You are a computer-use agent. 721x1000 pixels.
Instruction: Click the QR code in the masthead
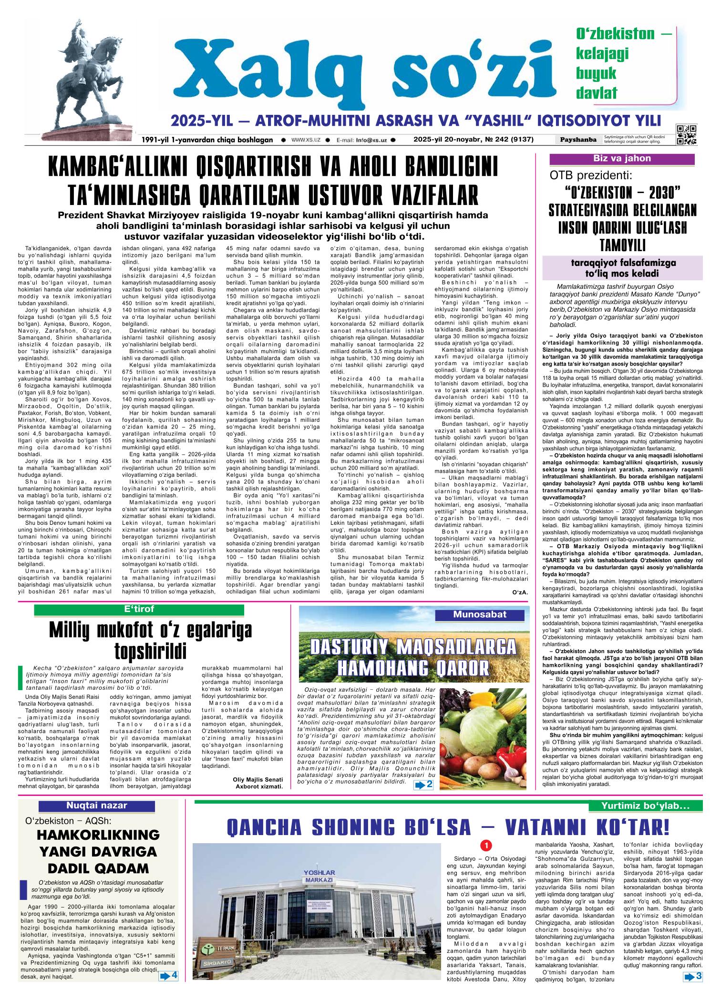[x=686, y=134]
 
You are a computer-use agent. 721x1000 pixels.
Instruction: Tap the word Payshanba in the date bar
[x=579, y=140]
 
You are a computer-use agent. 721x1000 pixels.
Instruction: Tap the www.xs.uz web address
[x=305, y=140]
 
